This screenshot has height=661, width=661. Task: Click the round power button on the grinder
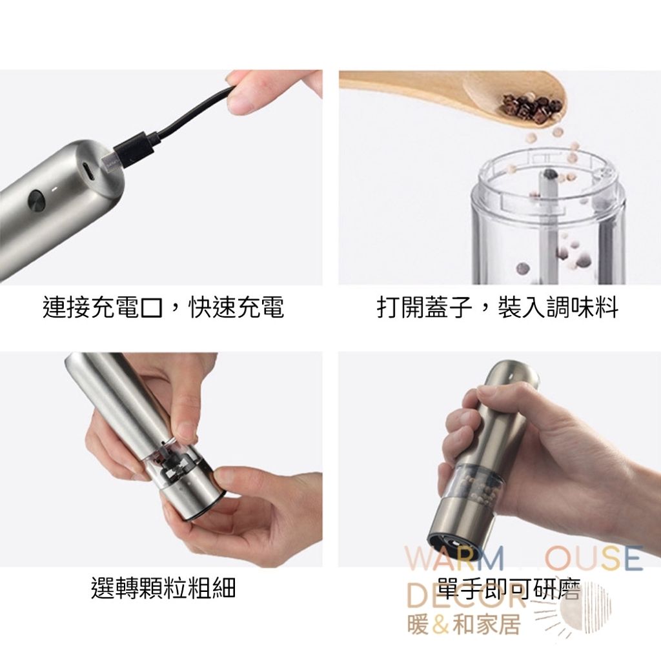(x=37, y=200)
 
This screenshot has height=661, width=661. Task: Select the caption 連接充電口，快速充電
(x=163, y=307)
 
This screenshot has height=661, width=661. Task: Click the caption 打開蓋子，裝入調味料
(x=498, y=307)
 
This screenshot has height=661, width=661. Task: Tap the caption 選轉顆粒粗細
(x=163, y=587)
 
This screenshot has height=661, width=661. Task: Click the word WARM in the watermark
(x=454, y=558)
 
